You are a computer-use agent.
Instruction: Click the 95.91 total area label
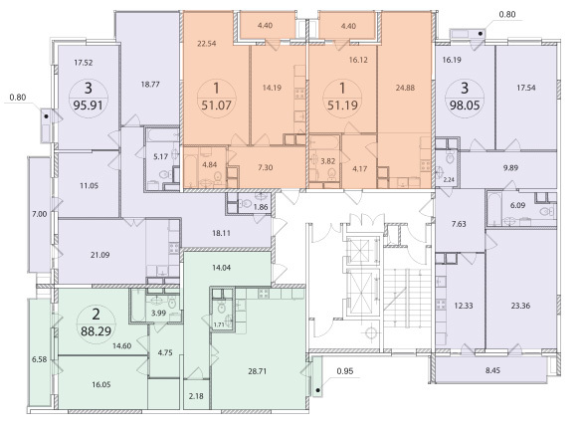88,106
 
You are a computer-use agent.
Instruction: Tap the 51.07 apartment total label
217,106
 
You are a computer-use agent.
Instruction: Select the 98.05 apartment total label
465,106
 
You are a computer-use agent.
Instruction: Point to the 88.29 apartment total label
96,331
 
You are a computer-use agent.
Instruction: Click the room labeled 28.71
257,371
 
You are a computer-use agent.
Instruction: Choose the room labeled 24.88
405,88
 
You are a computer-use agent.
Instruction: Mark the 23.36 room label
520,306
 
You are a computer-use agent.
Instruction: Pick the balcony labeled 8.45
492,370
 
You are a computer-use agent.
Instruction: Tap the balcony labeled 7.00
39,214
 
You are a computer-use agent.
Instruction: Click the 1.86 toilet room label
261,207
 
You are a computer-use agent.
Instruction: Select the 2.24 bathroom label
449,180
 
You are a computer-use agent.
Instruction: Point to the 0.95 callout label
345,370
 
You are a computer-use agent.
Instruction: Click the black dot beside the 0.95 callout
317,390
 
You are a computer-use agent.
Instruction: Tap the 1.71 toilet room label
219,324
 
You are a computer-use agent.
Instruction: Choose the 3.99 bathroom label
158,313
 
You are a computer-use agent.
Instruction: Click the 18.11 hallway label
221,233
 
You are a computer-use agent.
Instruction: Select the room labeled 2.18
196,396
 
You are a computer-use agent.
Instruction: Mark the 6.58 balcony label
39,359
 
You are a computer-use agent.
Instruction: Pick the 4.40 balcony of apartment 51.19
348,26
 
